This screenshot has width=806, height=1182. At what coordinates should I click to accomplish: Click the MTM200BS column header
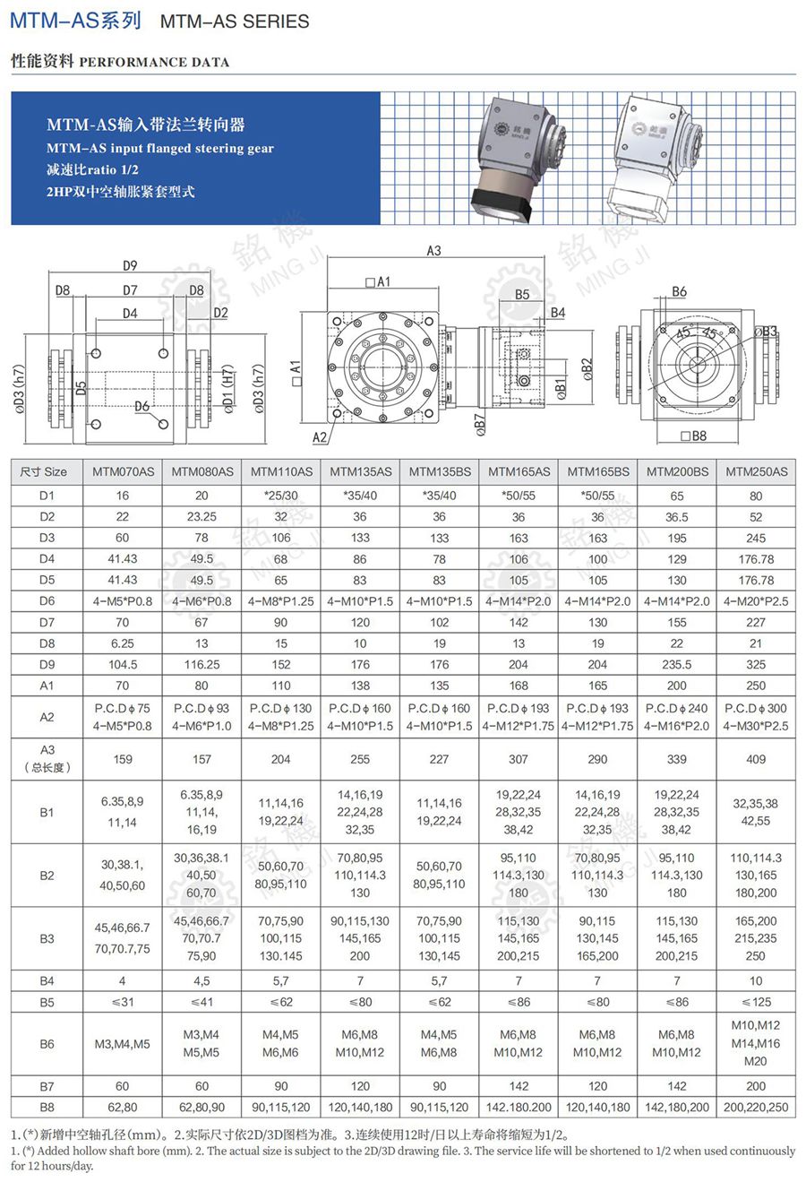tap(677, 471)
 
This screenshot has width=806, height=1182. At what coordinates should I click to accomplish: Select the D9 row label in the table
tap(47, 664)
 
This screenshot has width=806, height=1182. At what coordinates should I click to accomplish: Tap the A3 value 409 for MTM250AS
tap(756, 759)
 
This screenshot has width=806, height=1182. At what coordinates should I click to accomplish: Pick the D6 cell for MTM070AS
tap(123, 601)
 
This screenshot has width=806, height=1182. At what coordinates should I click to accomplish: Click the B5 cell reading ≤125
tap(756, 1002)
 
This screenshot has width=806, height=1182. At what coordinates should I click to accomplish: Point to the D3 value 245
tap(756, 538)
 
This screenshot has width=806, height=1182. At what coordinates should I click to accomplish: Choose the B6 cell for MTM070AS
tap(123, 1044)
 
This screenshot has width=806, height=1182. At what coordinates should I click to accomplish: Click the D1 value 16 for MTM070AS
tap(123, 496)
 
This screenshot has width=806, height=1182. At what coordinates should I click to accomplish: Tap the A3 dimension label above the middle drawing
tap(433, 251)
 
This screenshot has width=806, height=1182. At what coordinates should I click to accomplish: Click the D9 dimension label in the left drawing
tap(130, 265)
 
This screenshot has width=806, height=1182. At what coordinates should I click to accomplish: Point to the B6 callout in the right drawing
tap(679, 291)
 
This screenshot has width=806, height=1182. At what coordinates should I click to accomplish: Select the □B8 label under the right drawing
tap(693, 436)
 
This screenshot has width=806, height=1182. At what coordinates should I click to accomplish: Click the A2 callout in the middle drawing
tap(320, 437)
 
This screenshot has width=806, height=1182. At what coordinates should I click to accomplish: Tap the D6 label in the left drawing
tap(142, 407)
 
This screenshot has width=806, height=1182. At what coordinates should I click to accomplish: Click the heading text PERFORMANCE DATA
tap(154, 63)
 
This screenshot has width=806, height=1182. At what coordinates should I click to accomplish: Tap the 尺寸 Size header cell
tap(44, 471)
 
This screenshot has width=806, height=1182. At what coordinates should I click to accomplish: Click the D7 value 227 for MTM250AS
tap(756, 622)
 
